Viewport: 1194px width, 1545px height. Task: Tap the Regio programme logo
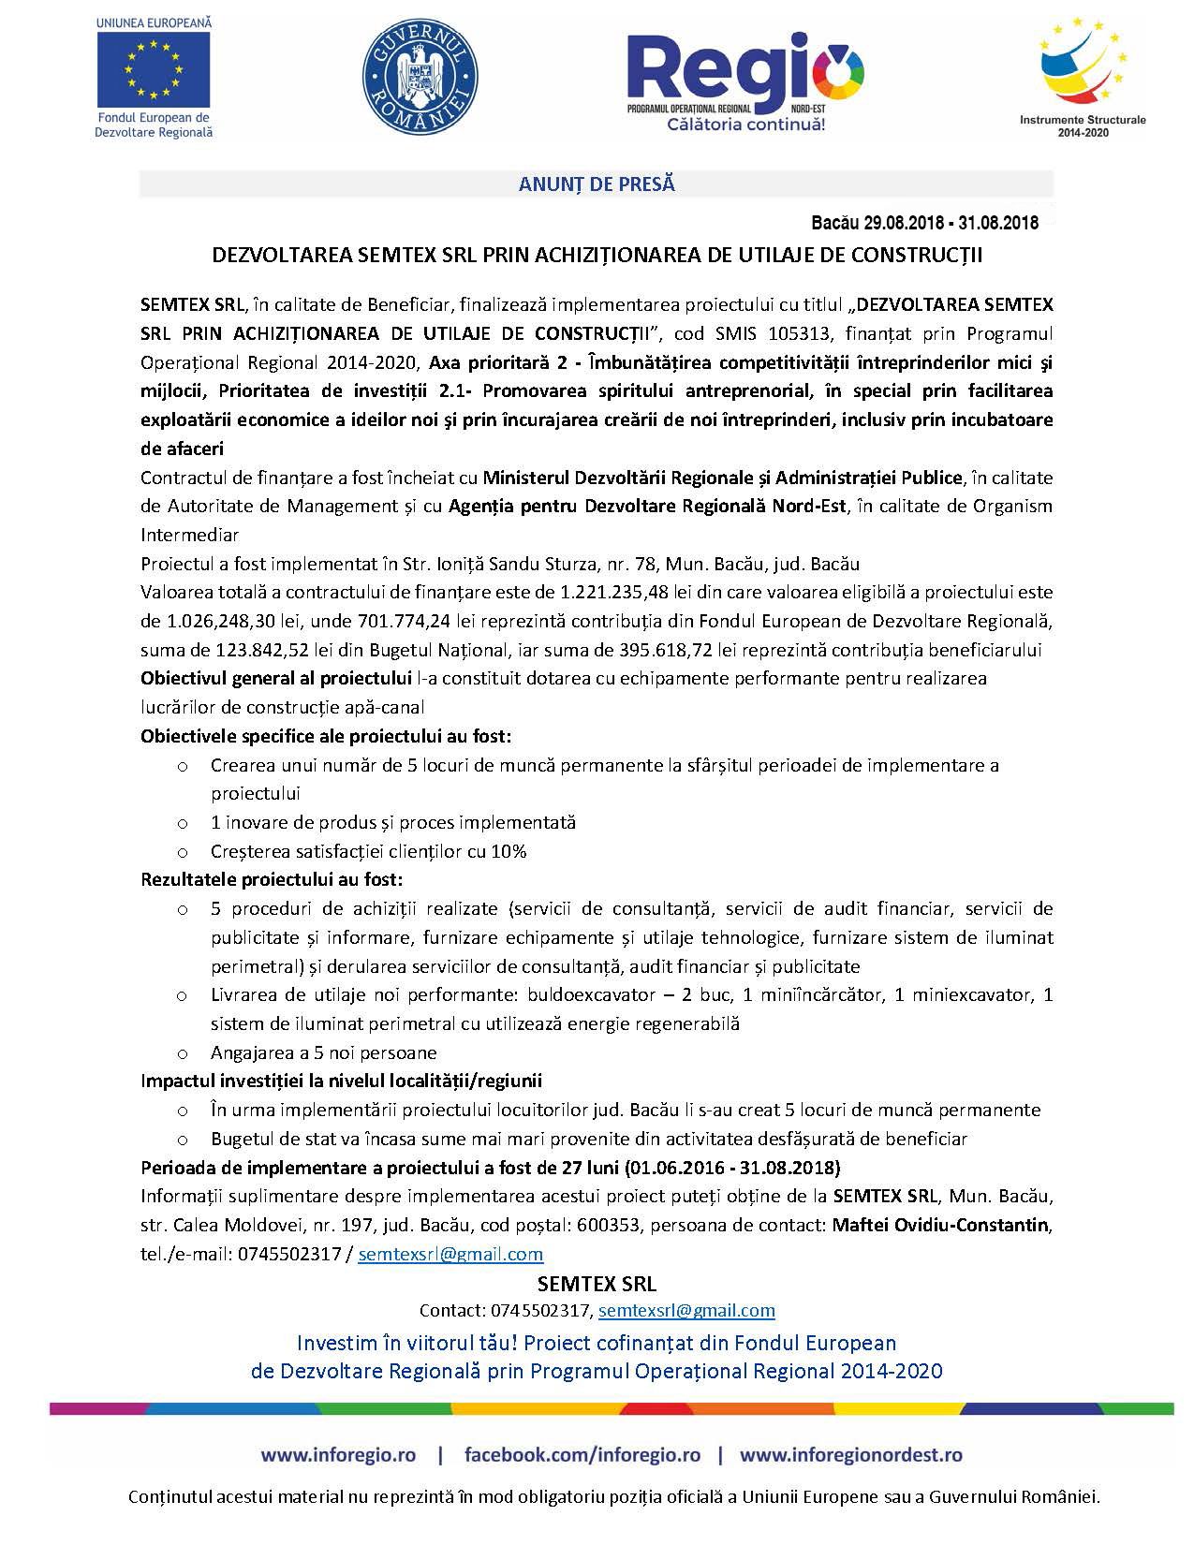click(745, 81)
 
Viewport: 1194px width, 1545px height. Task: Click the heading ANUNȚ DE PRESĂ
click(597, 184)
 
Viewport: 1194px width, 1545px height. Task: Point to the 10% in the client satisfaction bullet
click(509, 851)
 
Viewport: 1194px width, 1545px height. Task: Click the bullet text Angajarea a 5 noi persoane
click(324, 1052)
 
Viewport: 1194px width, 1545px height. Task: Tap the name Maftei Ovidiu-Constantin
click(940, 1225)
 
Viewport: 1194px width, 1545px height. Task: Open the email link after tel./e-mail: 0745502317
click(450, 1254)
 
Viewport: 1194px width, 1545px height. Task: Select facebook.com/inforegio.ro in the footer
click(582, 1455)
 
